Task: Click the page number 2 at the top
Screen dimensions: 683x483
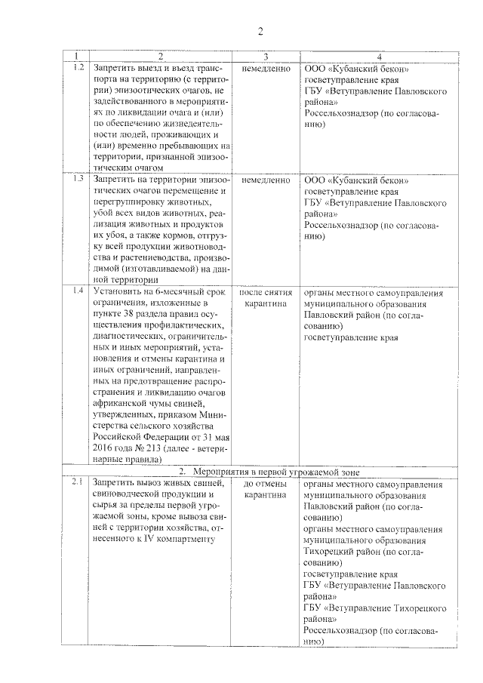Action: point(260,31)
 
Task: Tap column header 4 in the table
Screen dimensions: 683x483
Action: point(379,57)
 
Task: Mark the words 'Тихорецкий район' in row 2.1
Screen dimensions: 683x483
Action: point(341,551)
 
